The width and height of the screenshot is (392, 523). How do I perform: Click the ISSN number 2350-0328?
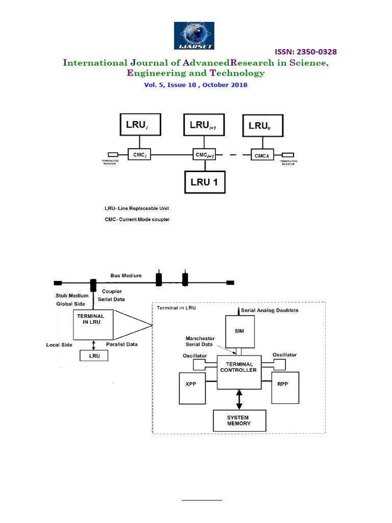pos(306,52)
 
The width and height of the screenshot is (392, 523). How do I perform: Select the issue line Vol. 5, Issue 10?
pos(196,85)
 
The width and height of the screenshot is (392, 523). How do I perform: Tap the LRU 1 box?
pos(204,182)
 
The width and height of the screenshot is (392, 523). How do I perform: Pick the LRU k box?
pos(263,125)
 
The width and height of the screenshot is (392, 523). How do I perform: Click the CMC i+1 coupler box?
pos(204,155)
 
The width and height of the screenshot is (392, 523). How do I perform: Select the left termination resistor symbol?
pos(113,155)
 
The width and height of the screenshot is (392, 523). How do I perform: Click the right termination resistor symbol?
pos(288,155)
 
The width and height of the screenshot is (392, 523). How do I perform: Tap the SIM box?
pos(239,331)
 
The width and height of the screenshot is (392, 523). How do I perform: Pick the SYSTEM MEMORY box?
pos(239,421)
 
